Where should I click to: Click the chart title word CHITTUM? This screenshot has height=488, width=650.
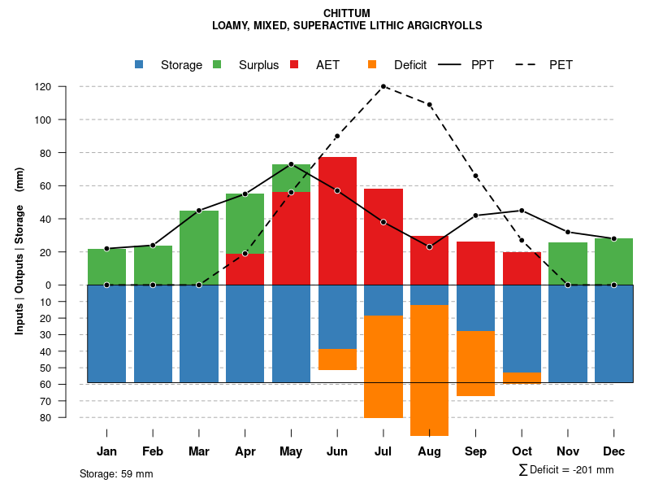click(347, 13)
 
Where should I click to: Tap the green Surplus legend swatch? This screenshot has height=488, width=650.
click(217, 64)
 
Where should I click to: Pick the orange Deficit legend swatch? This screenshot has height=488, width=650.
click(372, 64)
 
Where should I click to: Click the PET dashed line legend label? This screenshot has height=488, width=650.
click(561, 65)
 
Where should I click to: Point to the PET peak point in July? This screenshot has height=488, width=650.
click(383, 86)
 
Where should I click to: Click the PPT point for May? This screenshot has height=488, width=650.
click(291, 164)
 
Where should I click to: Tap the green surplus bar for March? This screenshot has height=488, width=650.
click(199, 247)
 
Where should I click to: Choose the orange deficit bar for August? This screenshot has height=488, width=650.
click(430, 370)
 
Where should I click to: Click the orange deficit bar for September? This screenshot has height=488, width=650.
click(475, 364)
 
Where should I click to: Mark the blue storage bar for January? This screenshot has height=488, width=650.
click(106, 333)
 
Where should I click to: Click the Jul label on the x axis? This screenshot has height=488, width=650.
click(383, 451)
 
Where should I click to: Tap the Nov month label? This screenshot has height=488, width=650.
click(568, 451)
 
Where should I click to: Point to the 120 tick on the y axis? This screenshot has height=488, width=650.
click(43, 87)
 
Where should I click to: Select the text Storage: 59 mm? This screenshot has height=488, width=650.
click(116, 473)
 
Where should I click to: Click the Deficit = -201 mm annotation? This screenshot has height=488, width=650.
click(566, 470)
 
